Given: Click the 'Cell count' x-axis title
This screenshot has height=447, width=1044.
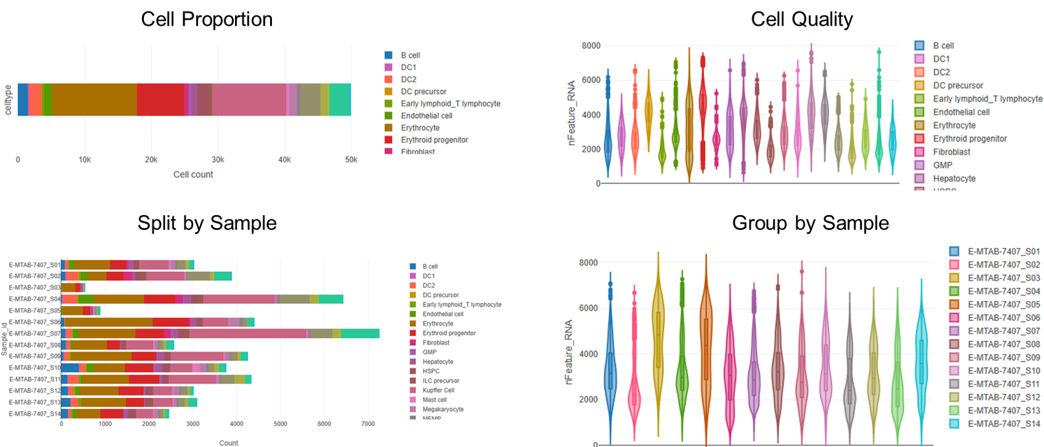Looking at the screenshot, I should click(x=193, y=174).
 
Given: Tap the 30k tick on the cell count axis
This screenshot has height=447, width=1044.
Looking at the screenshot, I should click(x=218, y=160).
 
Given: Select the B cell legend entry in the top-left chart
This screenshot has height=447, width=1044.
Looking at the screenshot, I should click(x=410, y=55).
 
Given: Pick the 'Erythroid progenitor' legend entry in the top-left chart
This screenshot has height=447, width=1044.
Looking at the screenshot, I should click(x=434, y=140).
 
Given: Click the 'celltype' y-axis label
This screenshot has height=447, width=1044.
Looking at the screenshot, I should click(x=8, y=100).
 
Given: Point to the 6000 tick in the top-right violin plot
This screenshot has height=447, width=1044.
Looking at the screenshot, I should click(x=590, y=80).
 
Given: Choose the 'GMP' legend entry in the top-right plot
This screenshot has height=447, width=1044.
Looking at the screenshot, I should click(x=943, y=166).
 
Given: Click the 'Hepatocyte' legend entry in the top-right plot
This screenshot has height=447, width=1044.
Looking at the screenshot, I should click(x=954, y=179).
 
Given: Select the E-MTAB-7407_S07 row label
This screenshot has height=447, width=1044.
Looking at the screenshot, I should click(x=34, y=334).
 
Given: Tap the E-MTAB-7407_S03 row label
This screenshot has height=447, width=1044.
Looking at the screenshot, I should click(x=34, y=288).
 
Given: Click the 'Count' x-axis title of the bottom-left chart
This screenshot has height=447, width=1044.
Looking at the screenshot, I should click(x=228, y=443).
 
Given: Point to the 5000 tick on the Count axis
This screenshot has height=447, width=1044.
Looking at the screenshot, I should click(x=280, y=424).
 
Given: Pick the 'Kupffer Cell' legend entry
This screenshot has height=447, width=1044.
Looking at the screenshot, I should click(x=438, y=390).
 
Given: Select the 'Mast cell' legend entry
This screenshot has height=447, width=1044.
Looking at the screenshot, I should click(x=434, y=400).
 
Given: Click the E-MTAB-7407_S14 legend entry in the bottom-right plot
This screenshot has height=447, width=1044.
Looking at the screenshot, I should click(x=1003, y=424).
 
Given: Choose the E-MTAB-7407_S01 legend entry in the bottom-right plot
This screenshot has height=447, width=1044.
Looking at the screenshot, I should click(x=1003, y=252).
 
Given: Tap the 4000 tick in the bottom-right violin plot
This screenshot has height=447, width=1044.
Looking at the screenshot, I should click(x=588, y=354).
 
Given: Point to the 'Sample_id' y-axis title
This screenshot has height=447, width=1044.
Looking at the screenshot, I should click(x=4, y=339).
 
